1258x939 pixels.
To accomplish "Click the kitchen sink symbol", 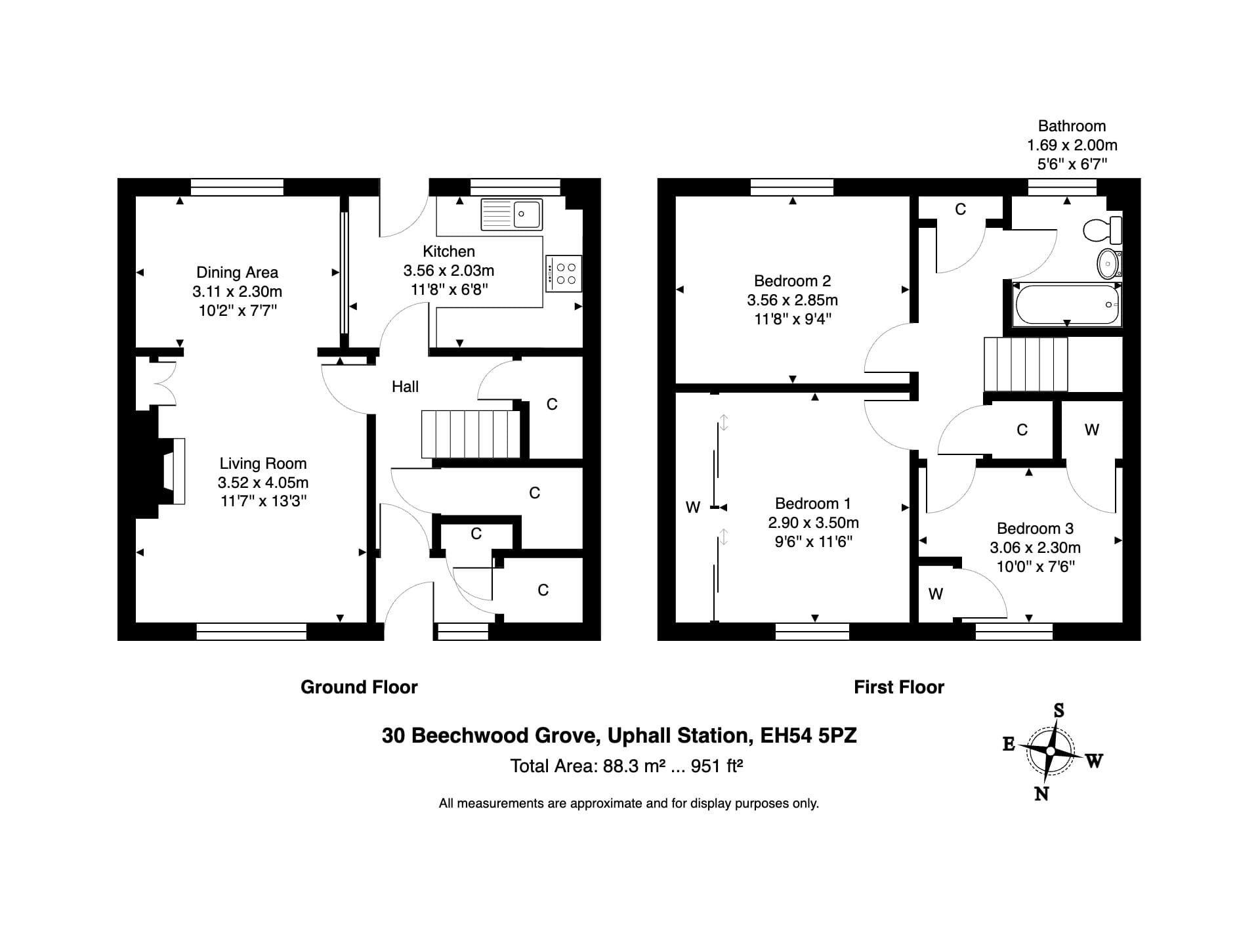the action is (512, 214).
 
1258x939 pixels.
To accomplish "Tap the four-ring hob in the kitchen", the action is (564, 274).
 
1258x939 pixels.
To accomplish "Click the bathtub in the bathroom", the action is (1067, 305).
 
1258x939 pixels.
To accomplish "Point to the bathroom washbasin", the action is (1109, 264).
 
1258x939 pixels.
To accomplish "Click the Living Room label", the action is (262, 464).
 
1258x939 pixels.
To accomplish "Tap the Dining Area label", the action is (237, 273).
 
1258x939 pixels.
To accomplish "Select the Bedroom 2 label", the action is (792, 281).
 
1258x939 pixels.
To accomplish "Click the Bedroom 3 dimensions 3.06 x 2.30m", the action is (1035, 548).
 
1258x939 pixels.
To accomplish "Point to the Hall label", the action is (405, 387).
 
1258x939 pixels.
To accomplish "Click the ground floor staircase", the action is (471, 434).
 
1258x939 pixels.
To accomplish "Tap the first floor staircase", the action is (1025, 364).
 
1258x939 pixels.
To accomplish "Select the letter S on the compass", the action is (1058, 710).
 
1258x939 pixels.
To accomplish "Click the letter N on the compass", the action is (1041, 794).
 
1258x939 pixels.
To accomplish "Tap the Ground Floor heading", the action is (359, 688).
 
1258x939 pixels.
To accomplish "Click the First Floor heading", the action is (899, 688).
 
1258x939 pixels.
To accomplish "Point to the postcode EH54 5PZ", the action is (808, 735).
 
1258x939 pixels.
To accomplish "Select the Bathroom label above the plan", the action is (1072, 126).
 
